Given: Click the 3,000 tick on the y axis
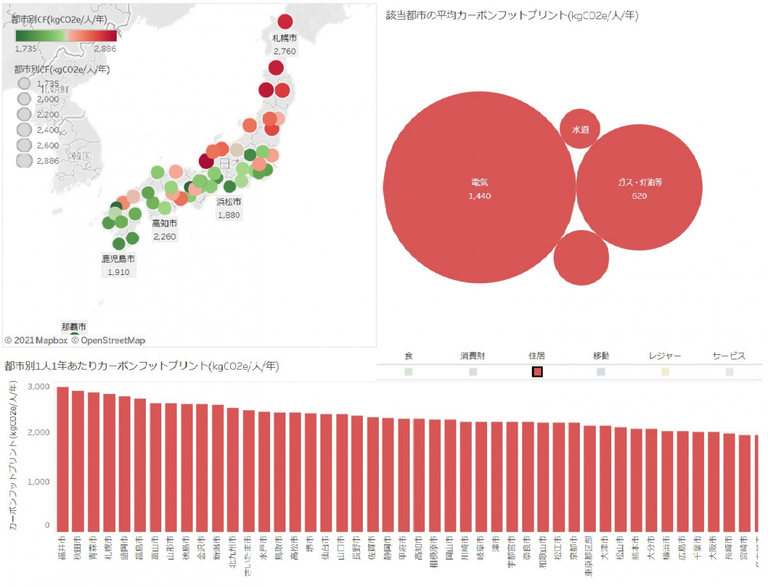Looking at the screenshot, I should click(x=38, y=386).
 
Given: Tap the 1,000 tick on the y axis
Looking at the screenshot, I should click(x=38, y=481).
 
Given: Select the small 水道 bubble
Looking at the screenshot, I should click(x=580, y=129).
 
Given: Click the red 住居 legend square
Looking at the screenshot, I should click(x=538, y=372).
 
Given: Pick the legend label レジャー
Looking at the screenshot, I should click(x=664, y=356).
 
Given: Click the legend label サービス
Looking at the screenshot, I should click(x=729, y=356).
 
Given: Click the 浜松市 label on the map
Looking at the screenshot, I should click(x=228, y=201).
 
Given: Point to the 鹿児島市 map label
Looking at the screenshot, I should click(x=118, y=259).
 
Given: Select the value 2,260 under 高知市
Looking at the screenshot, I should click(x=164, y=237).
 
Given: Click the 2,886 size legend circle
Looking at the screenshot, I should click(x=25, y=160).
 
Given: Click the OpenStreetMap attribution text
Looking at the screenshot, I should click(x=113, y=340).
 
